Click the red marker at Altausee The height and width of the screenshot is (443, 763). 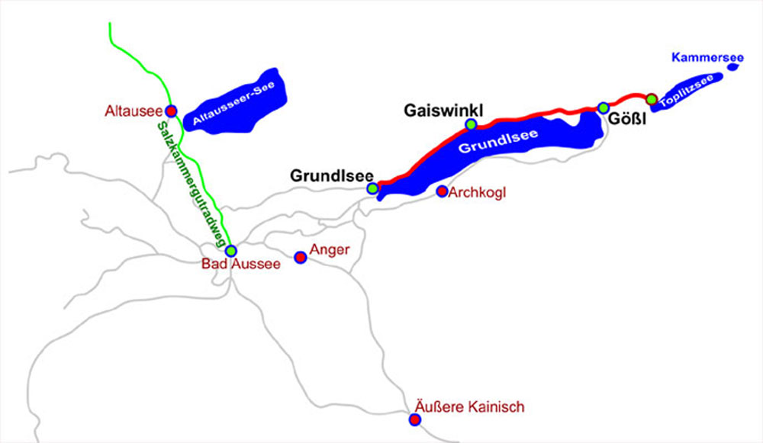coord(172,111)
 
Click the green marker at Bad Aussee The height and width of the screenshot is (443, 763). coord(231,251)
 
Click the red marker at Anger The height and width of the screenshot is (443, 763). coord(301,258)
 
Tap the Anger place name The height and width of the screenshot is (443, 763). coord(330,249)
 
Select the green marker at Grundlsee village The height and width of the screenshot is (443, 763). coord(372,188)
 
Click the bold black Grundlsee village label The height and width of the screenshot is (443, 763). coord(331,175)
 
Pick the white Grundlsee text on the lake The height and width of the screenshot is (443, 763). coord(497,141)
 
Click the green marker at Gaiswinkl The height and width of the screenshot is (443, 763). coord(472,124)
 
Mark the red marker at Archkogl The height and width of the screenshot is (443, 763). coord(441,191)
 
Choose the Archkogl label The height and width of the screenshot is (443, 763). coord(478,192)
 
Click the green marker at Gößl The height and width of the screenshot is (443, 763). coord(603,108)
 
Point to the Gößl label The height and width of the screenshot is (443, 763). coord(623,120)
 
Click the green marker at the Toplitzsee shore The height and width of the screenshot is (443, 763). coord(651,98)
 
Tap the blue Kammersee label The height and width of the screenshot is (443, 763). coord(697,57)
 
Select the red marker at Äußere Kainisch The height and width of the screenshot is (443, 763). coord(414,419)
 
